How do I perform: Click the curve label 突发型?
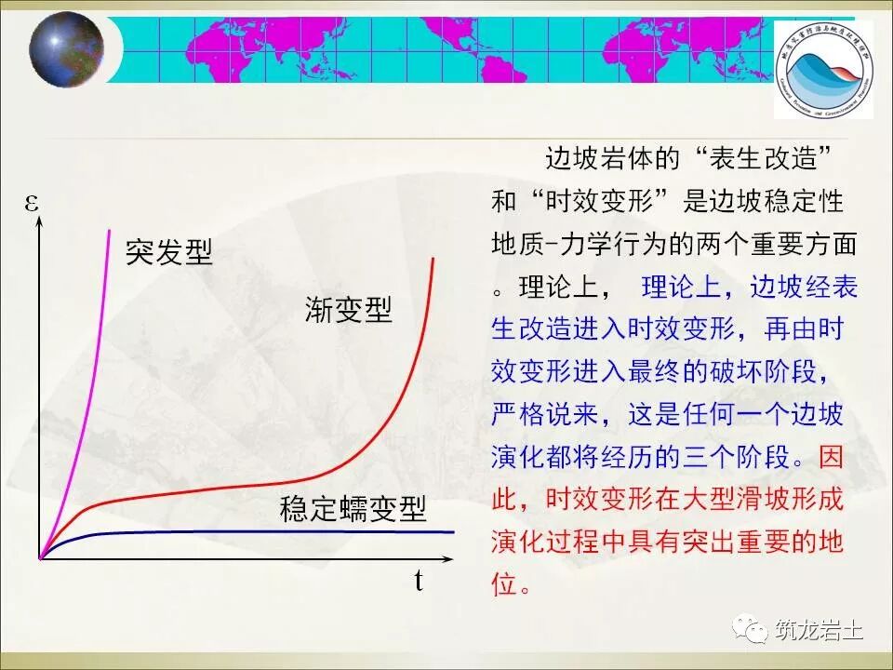[x=168, y=251]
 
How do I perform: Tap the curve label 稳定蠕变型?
[x=353, y=509]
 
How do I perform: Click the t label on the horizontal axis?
[x=419, y=583]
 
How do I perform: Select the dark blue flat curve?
[x=279, y=531]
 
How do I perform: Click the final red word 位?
[x=502, y=585]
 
